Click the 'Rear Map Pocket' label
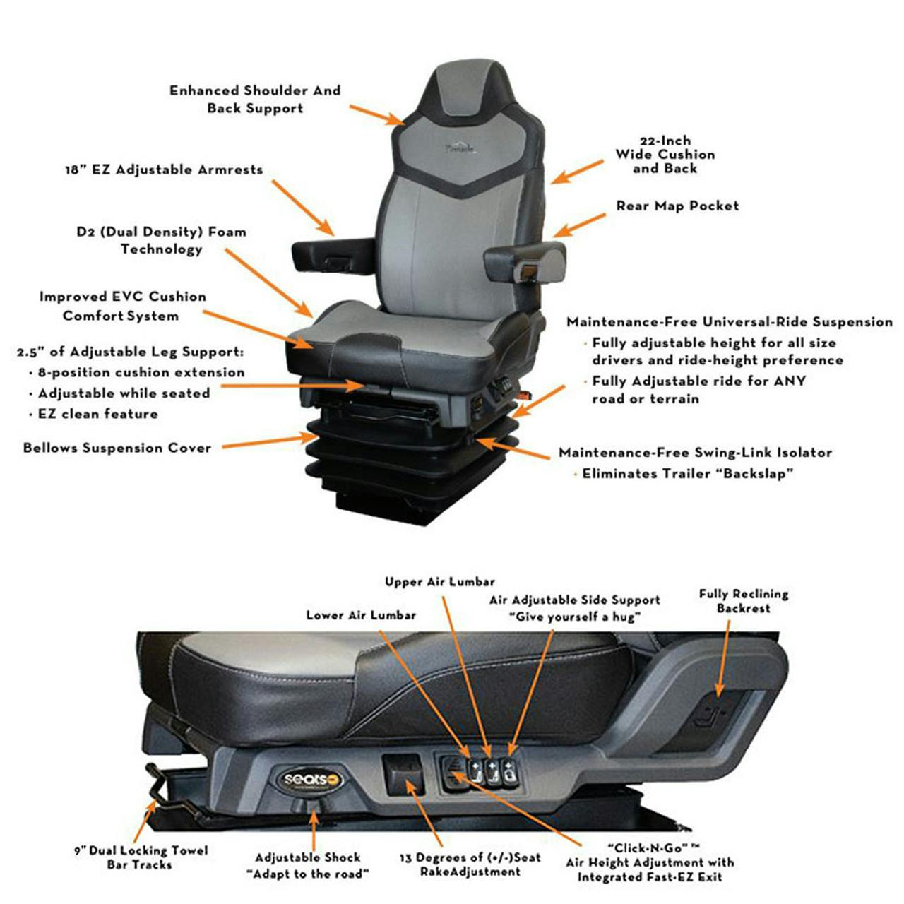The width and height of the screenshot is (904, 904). (x=677, y=206)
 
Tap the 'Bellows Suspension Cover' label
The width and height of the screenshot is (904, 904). (x=117, y=448)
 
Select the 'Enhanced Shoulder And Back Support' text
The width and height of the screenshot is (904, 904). (x=255, y=100)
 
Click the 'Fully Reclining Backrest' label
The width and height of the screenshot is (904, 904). (x=743, y=601)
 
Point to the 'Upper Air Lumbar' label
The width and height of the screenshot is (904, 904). (x=439, y=582)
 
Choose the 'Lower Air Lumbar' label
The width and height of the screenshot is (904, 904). (x=361, y=615)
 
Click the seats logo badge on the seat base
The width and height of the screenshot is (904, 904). (x=311, y=780)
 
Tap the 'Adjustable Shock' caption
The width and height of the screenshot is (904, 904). (x=307, y=865)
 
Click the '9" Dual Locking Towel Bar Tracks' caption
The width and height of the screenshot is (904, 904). (x=141, y=857)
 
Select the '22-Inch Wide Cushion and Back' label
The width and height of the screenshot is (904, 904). (x=665, y=155)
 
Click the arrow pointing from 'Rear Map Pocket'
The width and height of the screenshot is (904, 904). (x=579, y=225)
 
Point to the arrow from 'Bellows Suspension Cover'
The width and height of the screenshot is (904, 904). (x=268, y=442)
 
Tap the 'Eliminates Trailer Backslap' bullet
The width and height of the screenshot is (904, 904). (x=687, y=474)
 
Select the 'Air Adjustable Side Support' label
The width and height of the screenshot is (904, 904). (x=574, y=608)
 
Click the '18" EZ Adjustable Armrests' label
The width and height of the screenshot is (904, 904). (x=164, y=170)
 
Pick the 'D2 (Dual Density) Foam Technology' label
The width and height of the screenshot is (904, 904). (x=161, y=240)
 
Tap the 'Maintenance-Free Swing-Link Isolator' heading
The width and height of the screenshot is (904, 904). (x=695, y=453)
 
